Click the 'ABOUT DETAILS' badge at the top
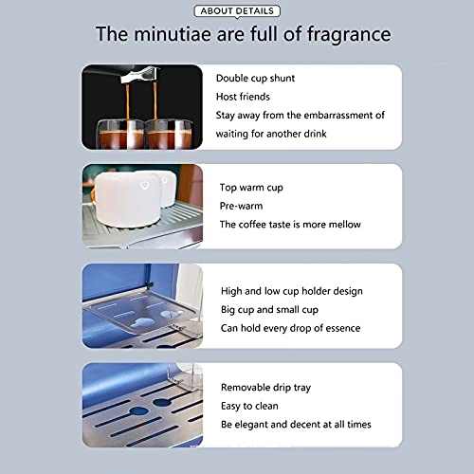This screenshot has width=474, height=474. click(x=237, y=11)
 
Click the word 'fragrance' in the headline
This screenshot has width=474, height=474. click(x=349, y=34)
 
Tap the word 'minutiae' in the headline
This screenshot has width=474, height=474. click(x=173, y=33)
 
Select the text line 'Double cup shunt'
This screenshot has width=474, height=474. click(x=255, y=78)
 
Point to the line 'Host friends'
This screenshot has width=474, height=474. click(x=243, y=97)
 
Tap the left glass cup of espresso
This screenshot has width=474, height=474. click(x=120, y=134)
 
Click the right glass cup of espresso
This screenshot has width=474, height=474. click(x=170, y=134)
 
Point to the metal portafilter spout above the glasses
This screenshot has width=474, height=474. click(x=139, y=75)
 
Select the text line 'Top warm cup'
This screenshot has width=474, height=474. click(x=251, y=188)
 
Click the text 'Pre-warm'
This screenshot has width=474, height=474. click(x=241, y=206)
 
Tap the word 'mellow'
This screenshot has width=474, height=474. click(x=345, y=225)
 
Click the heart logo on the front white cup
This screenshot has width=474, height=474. click(x=144, y=185)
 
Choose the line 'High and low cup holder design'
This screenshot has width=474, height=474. click(x=292, y=291)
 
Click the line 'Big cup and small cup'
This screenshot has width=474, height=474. click(x=269, y=310)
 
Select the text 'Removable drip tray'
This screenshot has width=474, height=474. click(x=265, y=388)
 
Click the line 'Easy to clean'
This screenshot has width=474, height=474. click(x=249, y=406)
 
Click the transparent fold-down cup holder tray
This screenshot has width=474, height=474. click(x=142, y=311)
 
